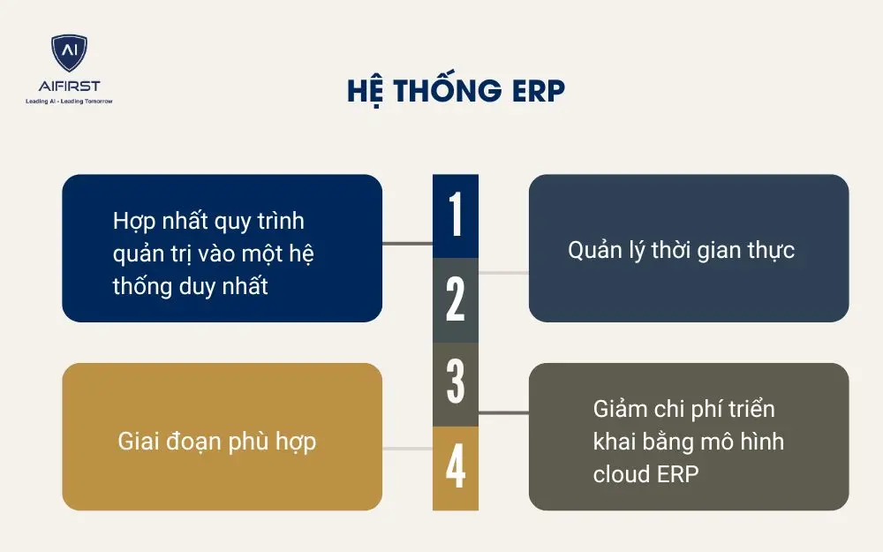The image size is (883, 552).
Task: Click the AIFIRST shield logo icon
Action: tap(69, 53)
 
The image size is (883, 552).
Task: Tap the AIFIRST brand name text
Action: tap(69, 86)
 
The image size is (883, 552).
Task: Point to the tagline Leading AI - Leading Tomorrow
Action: tap(69, 101)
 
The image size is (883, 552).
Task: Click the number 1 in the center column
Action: tap(456, 216)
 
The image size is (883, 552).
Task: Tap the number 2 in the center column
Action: tap(456, 300)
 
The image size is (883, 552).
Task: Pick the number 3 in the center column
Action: tap(456, 383)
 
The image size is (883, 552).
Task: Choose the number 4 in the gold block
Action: tap(456, 468)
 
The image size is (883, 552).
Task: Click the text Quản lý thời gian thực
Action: tap(681, 250)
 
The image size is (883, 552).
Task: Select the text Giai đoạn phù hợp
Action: tap(216, 441)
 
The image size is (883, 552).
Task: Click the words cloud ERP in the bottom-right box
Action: tap(645, 473)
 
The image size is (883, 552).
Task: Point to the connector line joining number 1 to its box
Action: tap(407, 242)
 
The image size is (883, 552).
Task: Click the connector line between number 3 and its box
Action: tap(503, 412)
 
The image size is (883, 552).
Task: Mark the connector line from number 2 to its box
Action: tap(503, 272)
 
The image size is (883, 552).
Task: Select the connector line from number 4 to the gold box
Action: tap(407, 449)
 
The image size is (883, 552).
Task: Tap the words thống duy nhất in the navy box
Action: tap(190, 286)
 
